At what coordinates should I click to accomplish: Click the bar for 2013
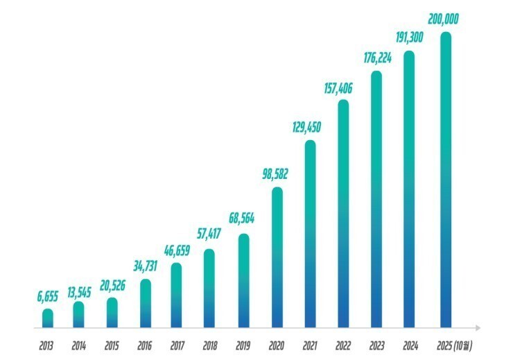48,318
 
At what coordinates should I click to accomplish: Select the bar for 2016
146,303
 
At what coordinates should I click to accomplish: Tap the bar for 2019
244,280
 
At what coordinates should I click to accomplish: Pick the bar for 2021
310,234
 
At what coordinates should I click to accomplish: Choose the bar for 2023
376,199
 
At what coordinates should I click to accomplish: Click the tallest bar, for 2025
446,180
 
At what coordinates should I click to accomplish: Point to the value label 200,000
443,19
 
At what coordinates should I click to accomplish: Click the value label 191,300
409,37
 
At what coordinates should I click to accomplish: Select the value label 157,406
338,88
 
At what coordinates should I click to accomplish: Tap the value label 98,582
275,174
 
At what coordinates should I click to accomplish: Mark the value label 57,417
209,234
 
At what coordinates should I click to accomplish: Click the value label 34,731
145,266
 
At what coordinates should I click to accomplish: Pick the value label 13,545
79,293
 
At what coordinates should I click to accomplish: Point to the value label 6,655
47,296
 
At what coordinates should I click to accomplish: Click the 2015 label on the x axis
112,346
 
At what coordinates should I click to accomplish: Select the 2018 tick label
210,346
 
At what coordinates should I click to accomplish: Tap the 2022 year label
343,346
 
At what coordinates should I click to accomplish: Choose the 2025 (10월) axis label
455,346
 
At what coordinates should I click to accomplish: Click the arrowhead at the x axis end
478,327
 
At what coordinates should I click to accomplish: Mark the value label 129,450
306,128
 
